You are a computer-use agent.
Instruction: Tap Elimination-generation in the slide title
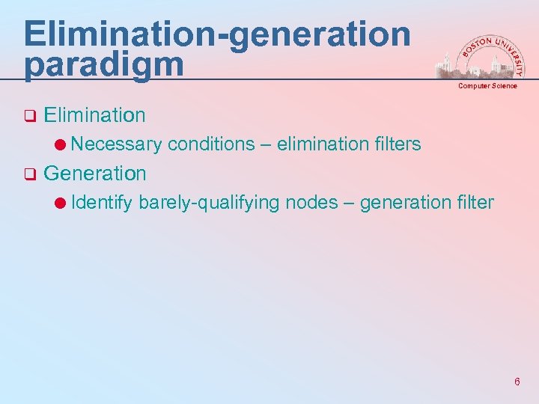point(217,34)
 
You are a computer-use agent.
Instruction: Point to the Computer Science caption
point(488,86)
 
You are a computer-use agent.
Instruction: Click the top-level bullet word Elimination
point(94,115)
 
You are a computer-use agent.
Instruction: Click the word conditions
point(211,144)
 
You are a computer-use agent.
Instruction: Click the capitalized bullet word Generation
point(95,174)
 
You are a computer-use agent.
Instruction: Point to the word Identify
point(103,202)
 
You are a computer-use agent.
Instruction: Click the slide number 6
point(517,382)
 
